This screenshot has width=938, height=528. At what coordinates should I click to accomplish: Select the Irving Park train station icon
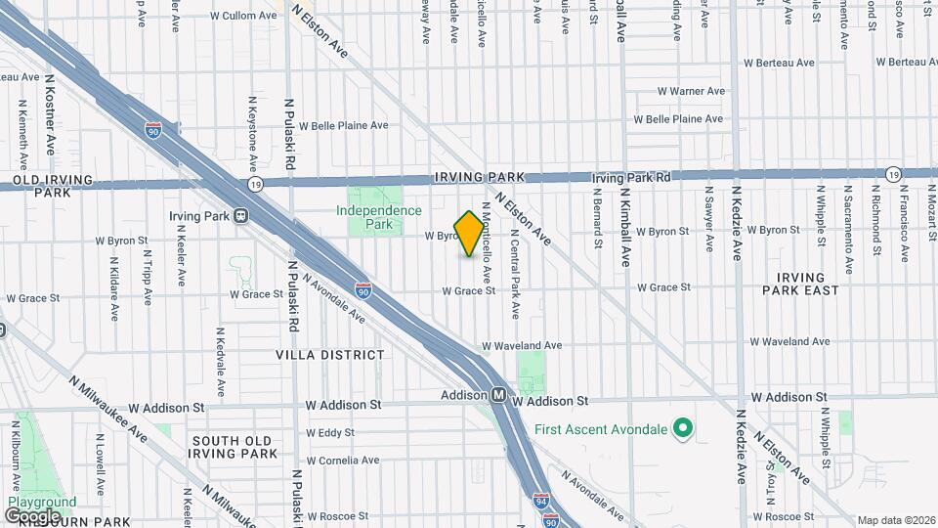pos(240,216)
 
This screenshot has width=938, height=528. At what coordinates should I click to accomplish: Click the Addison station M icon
pos(498,396)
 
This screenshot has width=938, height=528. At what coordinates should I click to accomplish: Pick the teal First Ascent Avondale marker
pos(684,429)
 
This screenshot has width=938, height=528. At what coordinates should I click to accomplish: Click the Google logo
pos(32,515)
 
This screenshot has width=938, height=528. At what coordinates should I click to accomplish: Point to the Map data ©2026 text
pos(896,520)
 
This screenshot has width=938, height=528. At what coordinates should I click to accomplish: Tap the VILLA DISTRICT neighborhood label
pos(330,355)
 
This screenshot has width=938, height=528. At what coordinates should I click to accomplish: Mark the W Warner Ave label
pos(691,91)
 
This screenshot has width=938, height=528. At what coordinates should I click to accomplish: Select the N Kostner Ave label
pos(50,123)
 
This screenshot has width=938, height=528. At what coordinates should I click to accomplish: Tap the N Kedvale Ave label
pos(220,362)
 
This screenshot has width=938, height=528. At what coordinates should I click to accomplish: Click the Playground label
pos(41,503)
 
